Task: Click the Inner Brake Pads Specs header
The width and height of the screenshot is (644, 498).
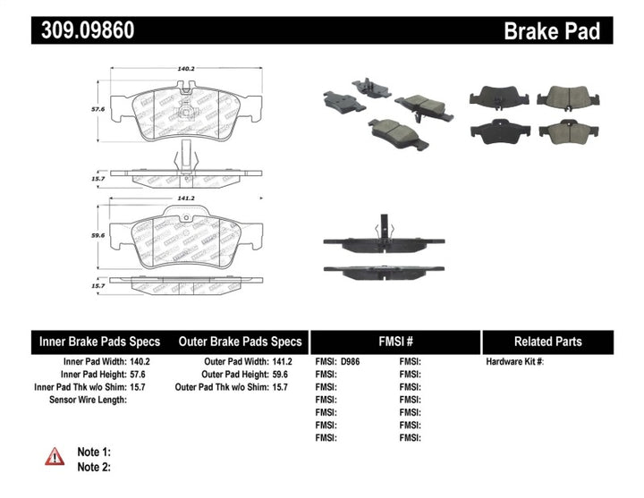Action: (x=99, y=342)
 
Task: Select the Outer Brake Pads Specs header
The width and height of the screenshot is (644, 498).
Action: (x=240, y=342)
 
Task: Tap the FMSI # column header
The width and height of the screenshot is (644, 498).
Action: (x=394, y=342)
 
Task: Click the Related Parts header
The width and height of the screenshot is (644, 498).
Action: (x=547, y=342)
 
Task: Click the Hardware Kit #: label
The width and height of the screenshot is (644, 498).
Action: (x=515, y=362)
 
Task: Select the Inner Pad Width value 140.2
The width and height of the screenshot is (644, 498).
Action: (x=140, y=362)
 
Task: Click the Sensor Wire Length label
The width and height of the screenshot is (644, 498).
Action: (x=88, y=400)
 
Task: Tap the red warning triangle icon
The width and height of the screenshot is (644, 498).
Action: (x=55, y=456)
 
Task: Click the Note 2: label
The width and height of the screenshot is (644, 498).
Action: (x=93, y=467)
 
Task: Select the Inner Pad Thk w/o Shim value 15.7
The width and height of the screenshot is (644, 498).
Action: (x=140, y=387)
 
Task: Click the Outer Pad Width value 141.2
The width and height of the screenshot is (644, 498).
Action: (x=281, y=362)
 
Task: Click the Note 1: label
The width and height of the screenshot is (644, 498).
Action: (x=93, y=452)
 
